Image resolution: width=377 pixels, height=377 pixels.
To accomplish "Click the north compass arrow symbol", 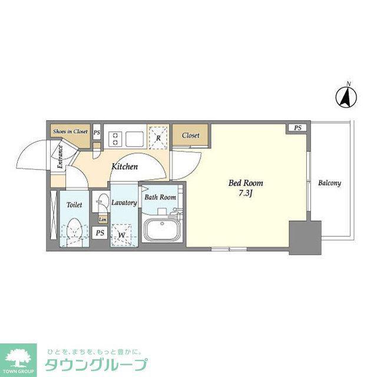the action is [x=346, y=97].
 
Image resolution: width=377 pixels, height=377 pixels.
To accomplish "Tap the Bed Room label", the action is [x=246, y=183].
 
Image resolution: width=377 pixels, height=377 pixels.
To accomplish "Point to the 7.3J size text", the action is [x=246, y=193].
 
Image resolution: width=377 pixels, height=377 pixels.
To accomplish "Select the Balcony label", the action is [x=330, y=183].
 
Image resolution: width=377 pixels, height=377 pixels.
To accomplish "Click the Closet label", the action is [x=191, y=135].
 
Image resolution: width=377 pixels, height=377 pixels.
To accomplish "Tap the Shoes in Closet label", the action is [x=70, y=131].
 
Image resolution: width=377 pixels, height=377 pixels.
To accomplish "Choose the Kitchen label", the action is [x=125, y=166].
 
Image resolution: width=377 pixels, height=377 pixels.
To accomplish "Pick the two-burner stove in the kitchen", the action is [x=115, y=139].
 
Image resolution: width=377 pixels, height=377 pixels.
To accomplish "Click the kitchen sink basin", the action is [x=135, y=139].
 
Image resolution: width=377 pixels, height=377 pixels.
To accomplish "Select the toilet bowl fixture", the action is [x=74, y=232].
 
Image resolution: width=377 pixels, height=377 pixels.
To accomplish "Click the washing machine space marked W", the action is [x=122, y=234].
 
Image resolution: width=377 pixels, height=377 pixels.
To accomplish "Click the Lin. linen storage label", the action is [x=102, y=220].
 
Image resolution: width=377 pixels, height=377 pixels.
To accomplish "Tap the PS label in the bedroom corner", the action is [x=297, y=128].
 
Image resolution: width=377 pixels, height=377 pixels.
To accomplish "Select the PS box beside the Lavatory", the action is [x=100, y=233].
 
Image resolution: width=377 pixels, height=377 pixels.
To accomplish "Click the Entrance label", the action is [x=60, y=157].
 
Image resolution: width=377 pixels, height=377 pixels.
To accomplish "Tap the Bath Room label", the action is [x=160, y=197].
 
